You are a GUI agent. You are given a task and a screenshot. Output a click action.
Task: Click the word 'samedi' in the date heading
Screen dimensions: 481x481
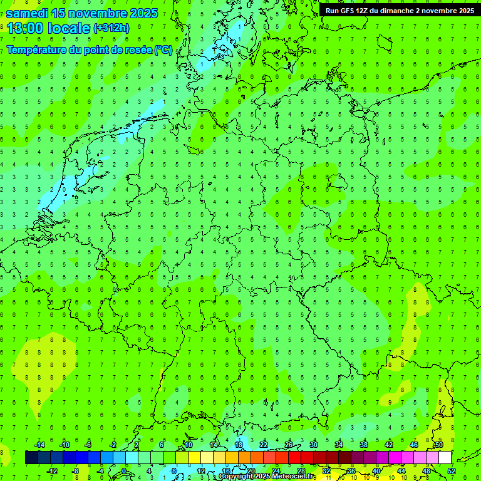coord(28,12)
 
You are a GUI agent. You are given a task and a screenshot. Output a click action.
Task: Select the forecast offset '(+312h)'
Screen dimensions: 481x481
coord(111,28)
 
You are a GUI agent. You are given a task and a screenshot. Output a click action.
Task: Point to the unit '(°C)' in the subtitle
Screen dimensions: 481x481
coord(163,49)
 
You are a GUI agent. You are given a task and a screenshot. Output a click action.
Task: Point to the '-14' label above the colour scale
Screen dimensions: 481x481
coord(39,445)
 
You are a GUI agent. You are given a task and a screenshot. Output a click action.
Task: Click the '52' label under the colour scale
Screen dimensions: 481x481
coord(451,471)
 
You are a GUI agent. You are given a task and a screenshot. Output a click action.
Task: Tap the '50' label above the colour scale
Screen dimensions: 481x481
coord(438,445)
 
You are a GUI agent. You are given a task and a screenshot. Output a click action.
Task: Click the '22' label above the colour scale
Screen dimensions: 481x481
coord(264,445)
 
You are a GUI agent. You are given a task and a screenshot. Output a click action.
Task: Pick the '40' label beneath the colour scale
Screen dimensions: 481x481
coord(376,471)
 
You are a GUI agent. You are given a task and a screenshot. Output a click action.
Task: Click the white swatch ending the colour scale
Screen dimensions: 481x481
coord(445,458)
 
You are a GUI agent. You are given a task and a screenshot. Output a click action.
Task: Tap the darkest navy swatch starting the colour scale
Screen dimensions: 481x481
coord(31,458)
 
